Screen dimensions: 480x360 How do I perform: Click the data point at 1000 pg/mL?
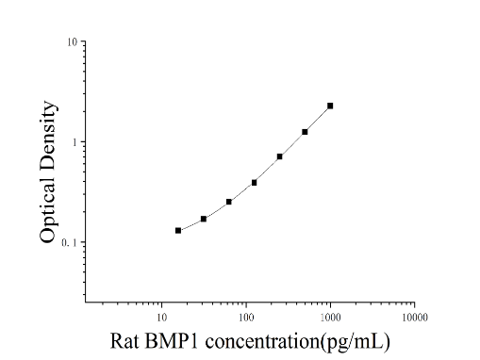pos(330,106)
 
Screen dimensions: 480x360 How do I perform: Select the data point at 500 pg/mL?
pos(305,132)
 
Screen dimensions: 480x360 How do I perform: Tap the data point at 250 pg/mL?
pos(279,156)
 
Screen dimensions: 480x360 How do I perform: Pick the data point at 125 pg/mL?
pos(254,183)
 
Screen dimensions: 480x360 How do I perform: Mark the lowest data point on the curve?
pos(178,231)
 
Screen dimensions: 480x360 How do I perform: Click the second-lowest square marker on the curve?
pos(204,219)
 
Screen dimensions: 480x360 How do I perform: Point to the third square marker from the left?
pos(229,202)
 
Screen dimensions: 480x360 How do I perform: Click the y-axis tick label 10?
pos(72,42)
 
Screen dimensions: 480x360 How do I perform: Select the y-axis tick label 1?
pos(74,142)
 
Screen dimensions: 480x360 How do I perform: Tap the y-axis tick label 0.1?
pos(69,243)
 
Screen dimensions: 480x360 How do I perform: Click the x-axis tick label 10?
pos(161,318)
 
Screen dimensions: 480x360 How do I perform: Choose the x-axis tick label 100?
pos(246,318)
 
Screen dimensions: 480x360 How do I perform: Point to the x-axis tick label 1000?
pos(330,318)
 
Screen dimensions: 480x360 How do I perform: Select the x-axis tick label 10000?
pos(415,318)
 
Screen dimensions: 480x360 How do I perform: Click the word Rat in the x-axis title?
pos(124,341)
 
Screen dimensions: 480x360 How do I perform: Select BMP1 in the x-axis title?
pos(172,341)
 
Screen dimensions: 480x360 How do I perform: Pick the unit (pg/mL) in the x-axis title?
pos(356,342)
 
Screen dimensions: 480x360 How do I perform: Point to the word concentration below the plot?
pos(263,341)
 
